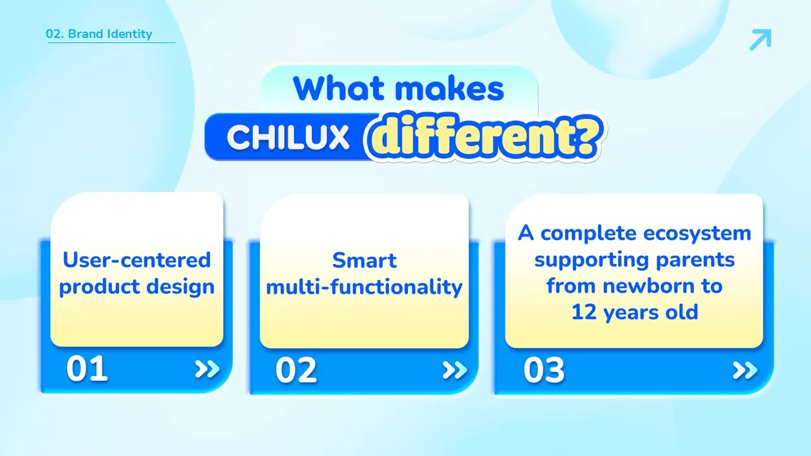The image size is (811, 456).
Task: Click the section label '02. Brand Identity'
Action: click(99, 34)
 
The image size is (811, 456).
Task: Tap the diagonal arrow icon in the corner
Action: click(760, 39)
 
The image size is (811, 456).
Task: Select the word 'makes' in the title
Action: click(449, 88)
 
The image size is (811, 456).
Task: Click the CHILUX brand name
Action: click(288, 137)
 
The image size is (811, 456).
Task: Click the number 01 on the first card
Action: click(87, 369)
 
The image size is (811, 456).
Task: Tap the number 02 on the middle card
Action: click(296, 370)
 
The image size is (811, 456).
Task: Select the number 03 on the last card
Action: click(544, 370)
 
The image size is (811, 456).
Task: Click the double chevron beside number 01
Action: click(207, 369)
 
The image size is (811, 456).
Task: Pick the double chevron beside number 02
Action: click(455, 370)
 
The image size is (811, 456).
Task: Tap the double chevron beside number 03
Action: click(745, 370)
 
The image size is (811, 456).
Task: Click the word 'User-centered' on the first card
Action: click(136, 260)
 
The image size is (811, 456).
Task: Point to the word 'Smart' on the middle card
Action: click(364, 260)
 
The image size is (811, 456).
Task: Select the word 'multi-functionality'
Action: click(364, 287)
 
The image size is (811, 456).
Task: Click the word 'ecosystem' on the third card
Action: click(697, 234)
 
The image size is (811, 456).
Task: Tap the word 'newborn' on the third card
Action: click(648, 286)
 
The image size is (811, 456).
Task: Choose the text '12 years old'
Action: click(635, 312)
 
